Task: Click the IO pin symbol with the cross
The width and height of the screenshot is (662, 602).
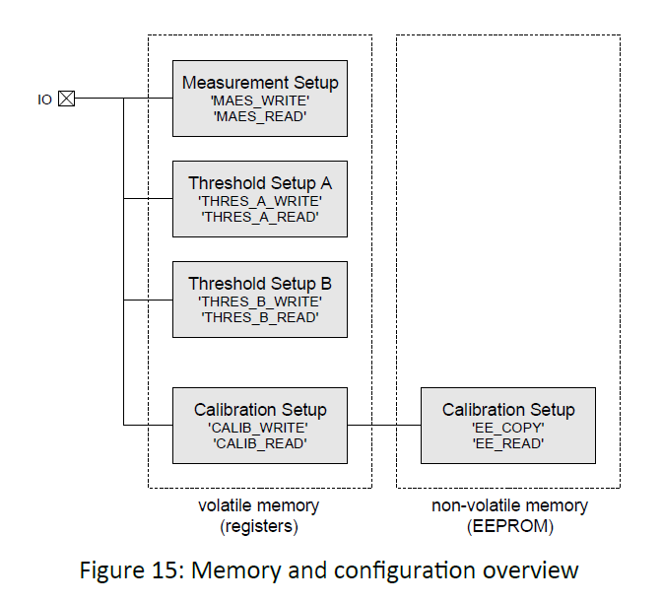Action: click(66, 99)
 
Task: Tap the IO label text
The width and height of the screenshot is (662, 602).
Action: click(44, 100)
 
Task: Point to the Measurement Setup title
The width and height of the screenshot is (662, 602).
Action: click(260, 83)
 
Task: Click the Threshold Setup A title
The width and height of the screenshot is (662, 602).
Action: click(260, 183)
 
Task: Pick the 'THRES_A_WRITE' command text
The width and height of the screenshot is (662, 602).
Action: click(260, 201)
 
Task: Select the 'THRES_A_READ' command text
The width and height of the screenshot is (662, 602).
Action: click(260, 217)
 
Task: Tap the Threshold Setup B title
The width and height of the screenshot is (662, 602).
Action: click(260, 284)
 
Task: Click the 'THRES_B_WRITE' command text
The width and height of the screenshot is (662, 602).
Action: click(260, 301)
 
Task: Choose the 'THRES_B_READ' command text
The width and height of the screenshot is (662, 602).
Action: click(260, 317)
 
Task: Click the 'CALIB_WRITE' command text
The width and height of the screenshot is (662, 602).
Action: click(260, 428)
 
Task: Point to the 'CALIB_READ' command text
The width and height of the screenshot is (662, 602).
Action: click(260, 443)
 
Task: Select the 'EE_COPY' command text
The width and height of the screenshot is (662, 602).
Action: click(508, 428)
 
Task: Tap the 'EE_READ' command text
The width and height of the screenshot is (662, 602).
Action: click(508, 443)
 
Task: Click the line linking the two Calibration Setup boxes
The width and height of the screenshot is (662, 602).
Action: click(384, 425)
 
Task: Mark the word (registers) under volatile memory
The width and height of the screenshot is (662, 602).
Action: click(260, 526)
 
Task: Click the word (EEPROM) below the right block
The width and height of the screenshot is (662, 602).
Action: click(509, 526)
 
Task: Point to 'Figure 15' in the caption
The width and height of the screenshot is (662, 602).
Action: click(141, 570)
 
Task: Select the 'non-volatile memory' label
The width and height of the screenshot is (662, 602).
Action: click(509, 506)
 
